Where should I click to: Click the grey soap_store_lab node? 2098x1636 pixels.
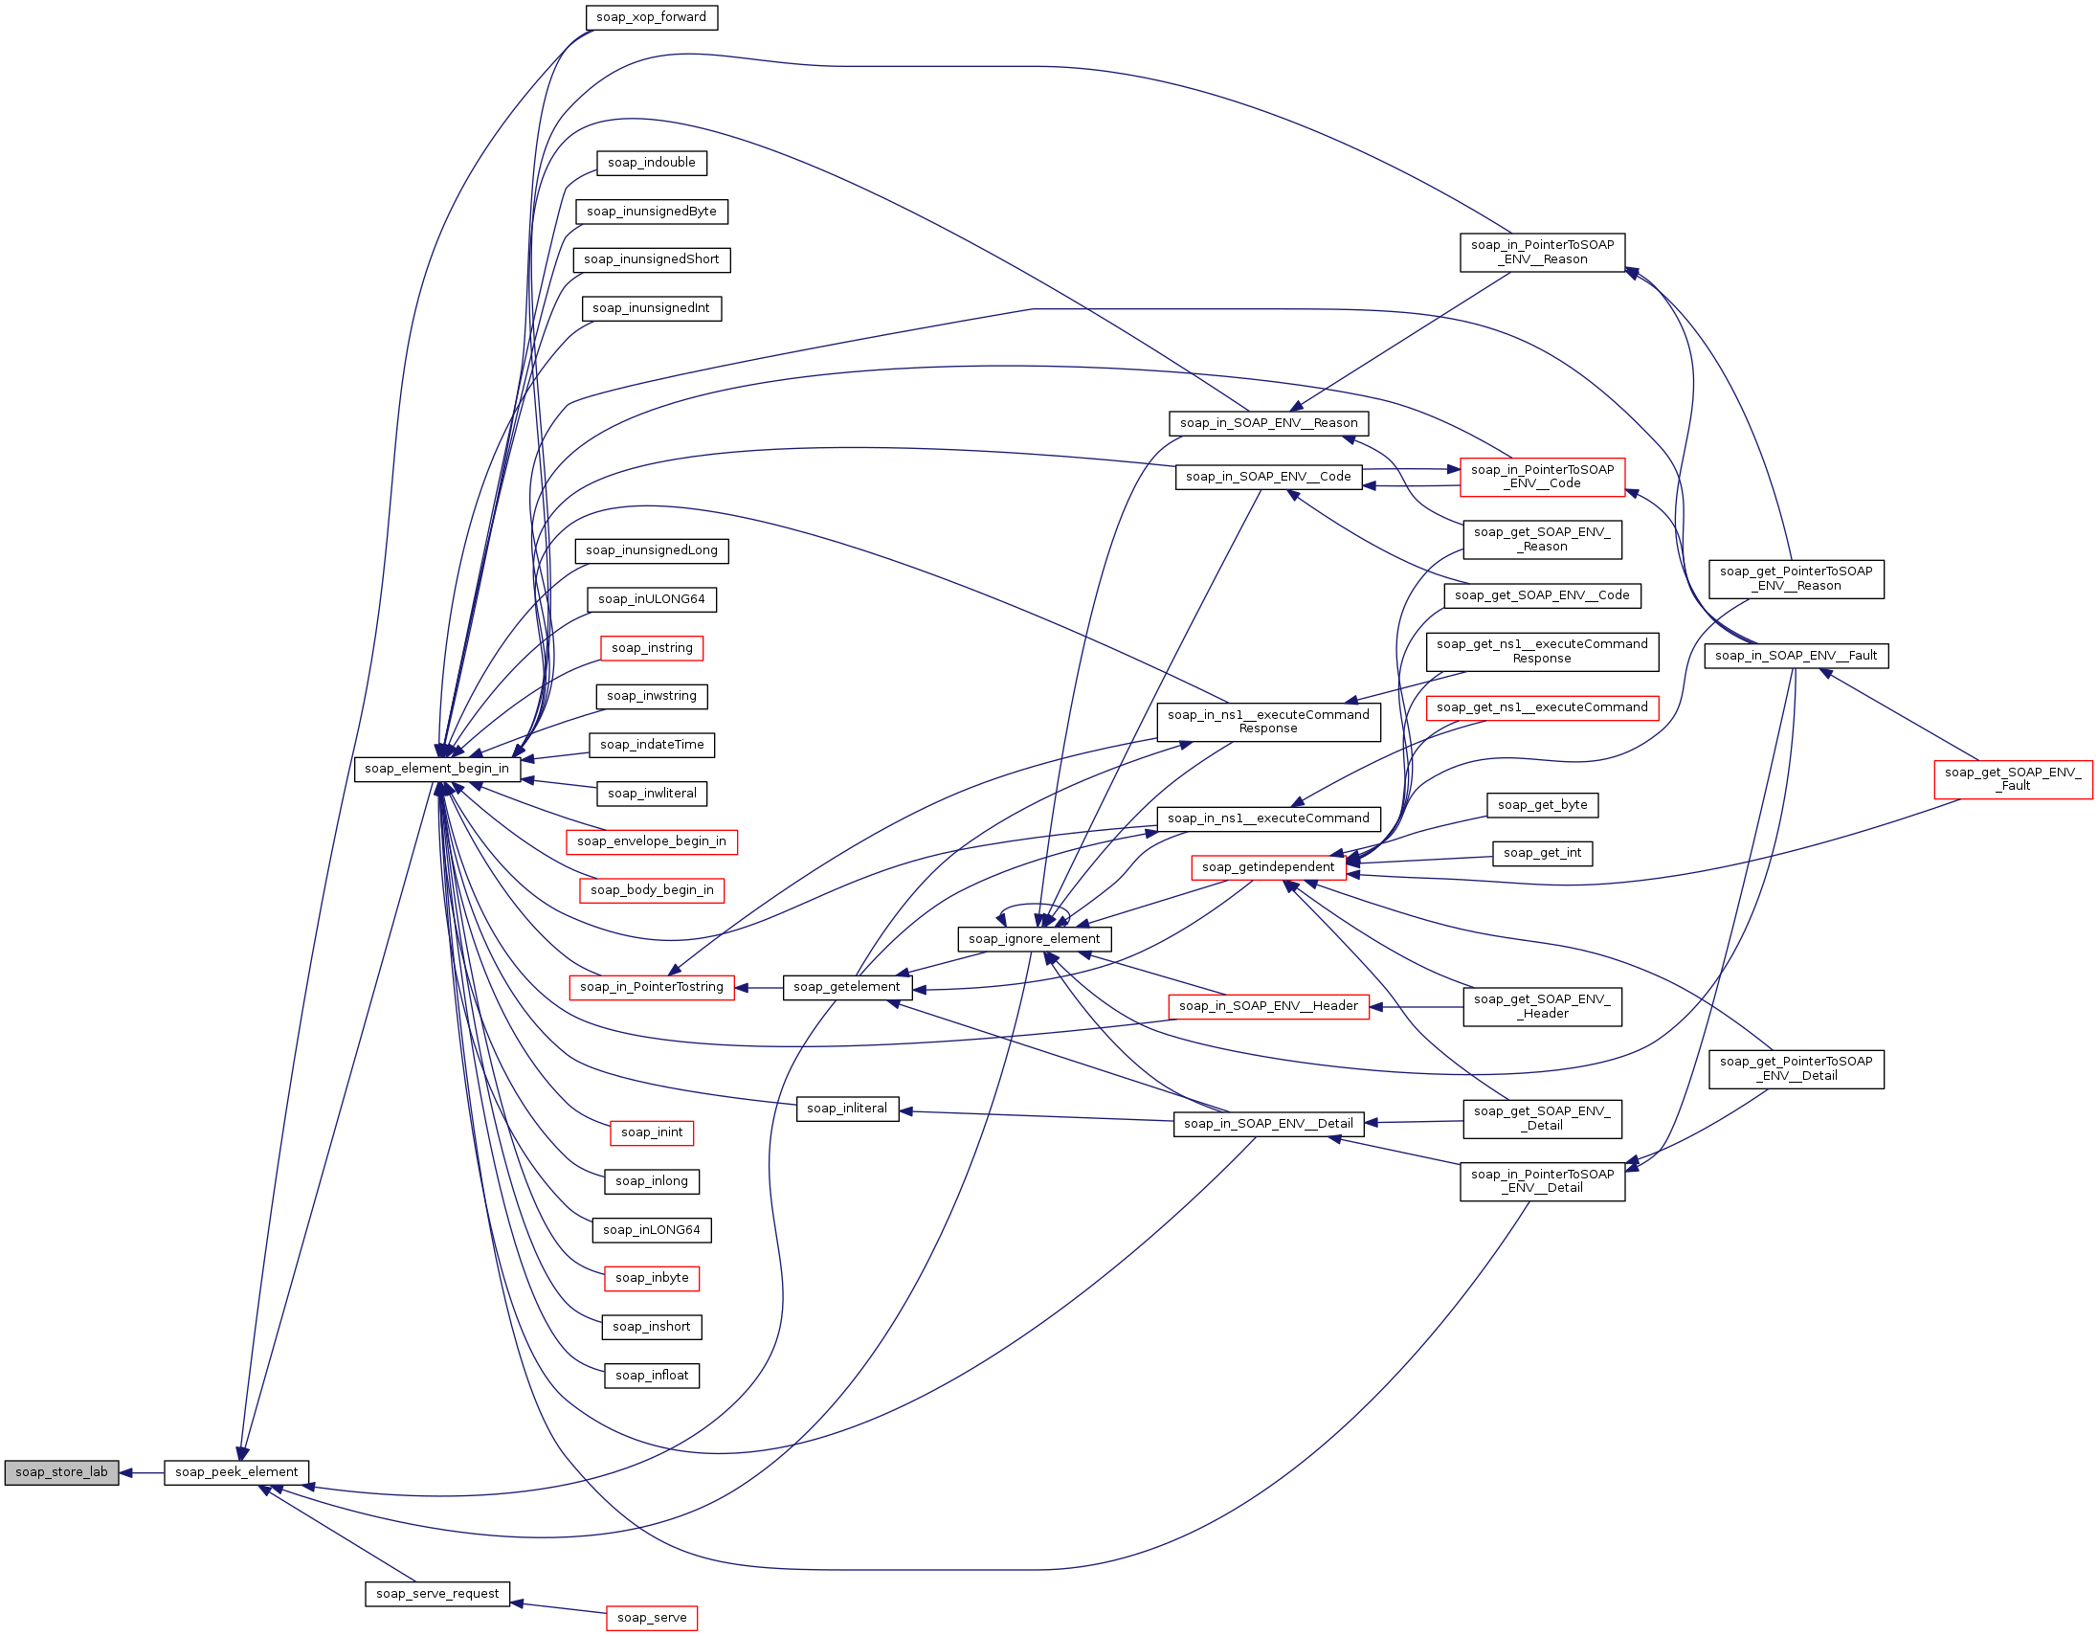[x=61, y=1472]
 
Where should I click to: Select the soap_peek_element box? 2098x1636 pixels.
[x=236, y=1472]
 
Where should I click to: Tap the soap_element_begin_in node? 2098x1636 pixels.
[x=437, y=769]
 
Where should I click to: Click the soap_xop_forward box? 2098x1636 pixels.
[x=651, y=17]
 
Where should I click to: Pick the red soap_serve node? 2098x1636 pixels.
[x=651, y=1618]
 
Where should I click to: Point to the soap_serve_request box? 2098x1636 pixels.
[x=437, y=1594]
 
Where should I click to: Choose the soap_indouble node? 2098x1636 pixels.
[x=651, y=163]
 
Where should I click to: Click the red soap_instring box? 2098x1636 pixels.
[x=651, y=647]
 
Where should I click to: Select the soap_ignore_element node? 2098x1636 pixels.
[x=1035, y=938]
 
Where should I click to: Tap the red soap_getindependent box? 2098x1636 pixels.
[x=1268, y=867]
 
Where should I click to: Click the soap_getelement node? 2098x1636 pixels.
[x=847, y=987]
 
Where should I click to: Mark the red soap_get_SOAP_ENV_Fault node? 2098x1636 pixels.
[x=2014, y=779]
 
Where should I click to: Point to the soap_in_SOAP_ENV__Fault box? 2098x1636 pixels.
[x=1797, y=656]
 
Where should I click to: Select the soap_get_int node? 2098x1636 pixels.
[x=1542, y=853]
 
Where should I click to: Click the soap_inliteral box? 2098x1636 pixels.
[x=847, y=1109]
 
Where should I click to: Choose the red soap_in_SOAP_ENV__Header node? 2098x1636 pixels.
[x=1268, y=1006]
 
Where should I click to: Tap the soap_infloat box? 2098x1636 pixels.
[x=651, y=1376]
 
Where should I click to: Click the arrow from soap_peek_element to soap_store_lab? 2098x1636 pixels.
[x=142, y=1472]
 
